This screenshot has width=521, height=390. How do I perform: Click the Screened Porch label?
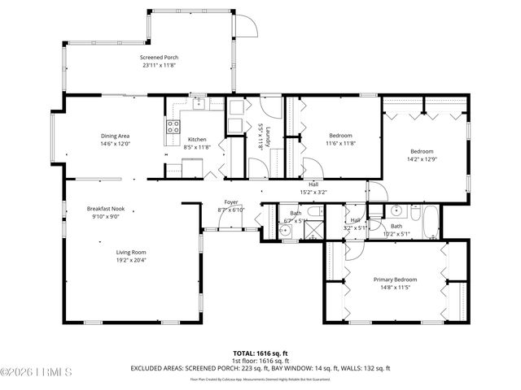click(x=159, y=57)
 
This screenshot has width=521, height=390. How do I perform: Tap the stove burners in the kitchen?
click(x=173, y=126)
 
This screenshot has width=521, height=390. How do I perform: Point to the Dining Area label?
click(x=115, y=136)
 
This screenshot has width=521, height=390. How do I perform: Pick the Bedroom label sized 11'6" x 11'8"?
click(x=340, y=135)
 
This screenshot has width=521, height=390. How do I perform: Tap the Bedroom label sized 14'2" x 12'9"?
click(x=421, y=151)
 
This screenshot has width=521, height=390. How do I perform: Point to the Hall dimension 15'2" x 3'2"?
click(x=313, y=193)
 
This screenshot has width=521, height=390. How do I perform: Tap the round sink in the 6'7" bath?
click(x=285, y=231)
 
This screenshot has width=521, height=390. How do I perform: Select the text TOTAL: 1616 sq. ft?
click(x=260, y=353)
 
